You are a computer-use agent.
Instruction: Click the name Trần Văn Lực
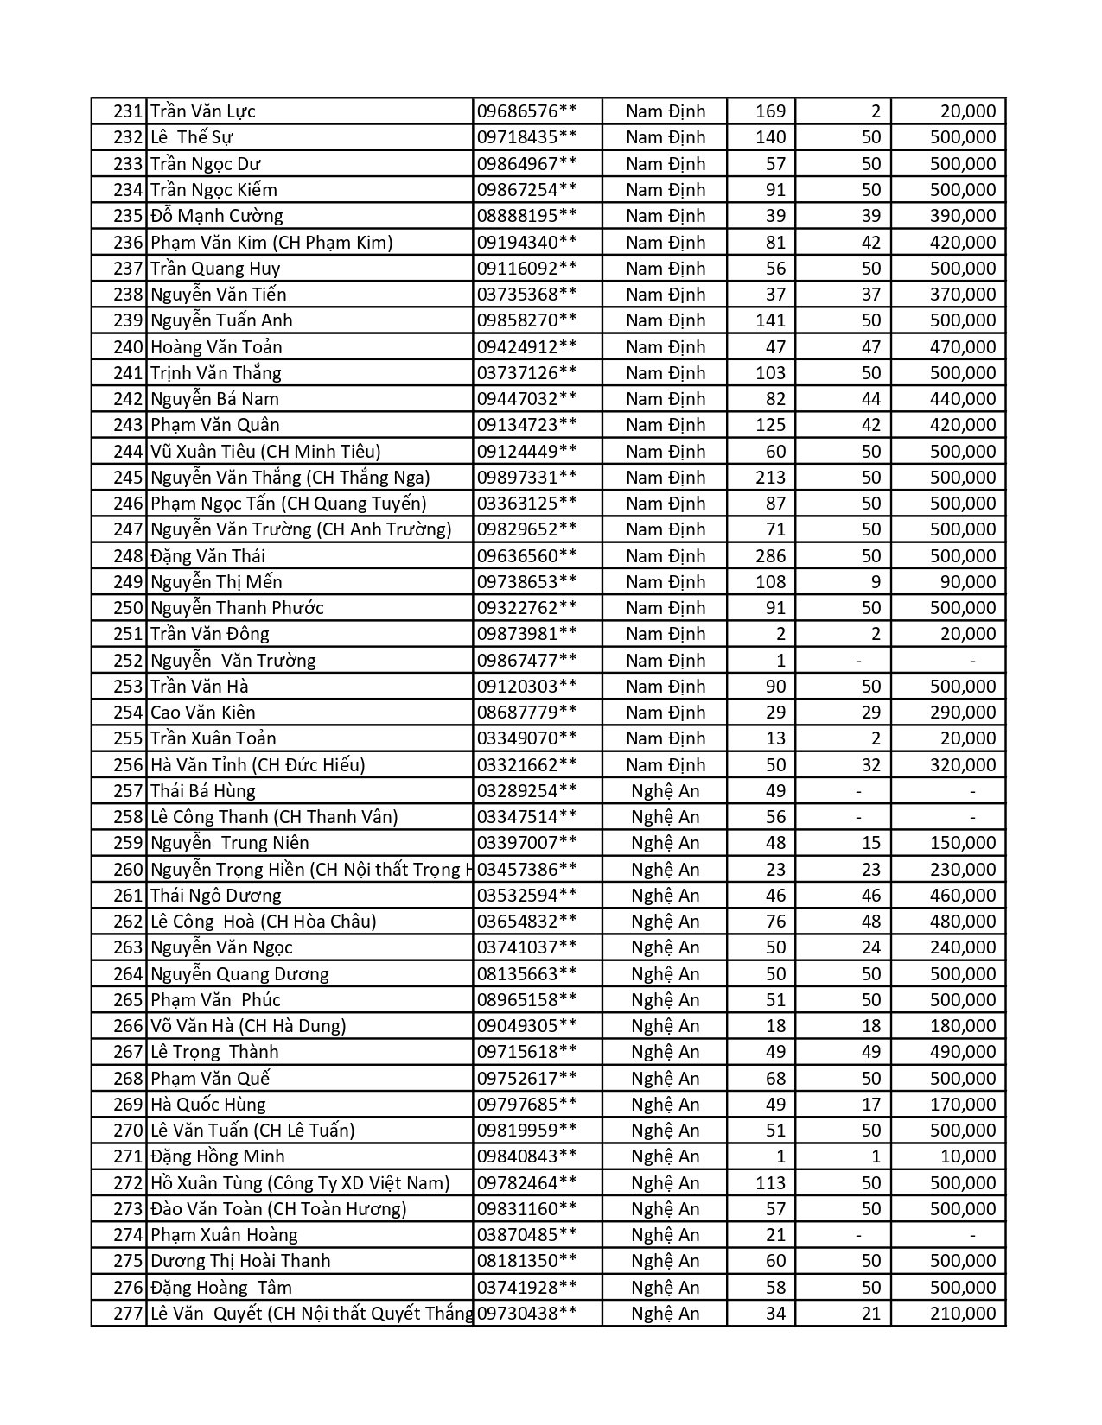coord(203,111)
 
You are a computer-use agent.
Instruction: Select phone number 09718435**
coord(526,137)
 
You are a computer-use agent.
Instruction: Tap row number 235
coord(128,216)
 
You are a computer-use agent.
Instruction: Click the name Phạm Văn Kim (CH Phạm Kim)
coord(271,243)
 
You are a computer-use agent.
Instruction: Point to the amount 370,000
coord(963,294)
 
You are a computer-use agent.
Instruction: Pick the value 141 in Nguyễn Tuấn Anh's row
coord(770,320)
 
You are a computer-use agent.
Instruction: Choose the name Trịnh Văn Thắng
coord(216,373)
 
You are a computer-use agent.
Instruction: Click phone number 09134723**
coord(526,425)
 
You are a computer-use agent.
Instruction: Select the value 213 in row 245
coord(770,478)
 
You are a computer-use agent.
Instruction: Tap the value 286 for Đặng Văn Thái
coord(770,556)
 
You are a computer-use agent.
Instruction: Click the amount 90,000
coord(968,582)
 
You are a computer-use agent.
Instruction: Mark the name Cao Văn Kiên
coord(203,712)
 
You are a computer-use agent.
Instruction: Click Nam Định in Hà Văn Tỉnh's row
coord(666,765)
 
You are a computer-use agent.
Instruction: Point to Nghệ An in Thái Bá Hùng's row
coord(666,791)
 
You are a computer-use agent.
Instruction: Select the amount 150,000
coord(963,843)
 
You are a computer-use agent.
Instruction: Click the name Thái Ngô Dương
coord(216,896)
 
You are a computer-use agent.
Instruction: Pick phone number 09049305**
coord(526,1026)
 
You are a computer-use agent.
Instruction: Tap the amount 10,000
coord(968,1156)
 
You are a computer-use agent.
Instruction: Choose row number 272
coord(128,1183)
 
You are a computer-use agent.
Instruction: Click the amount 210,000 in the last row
coord(963,1314)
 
